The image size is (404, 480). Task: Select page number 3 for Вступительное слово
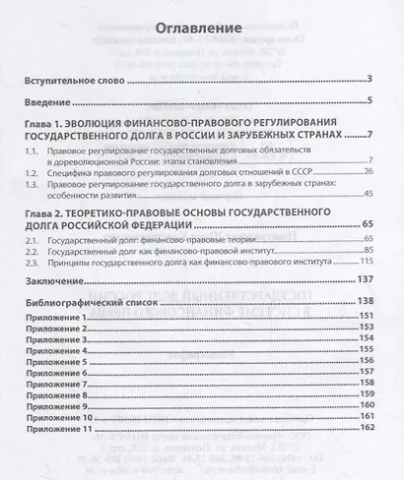[367, 79]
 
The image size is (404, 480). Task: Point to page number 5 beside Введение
[367, 101]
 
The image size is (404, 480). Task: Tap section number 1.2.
[33, 170]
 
